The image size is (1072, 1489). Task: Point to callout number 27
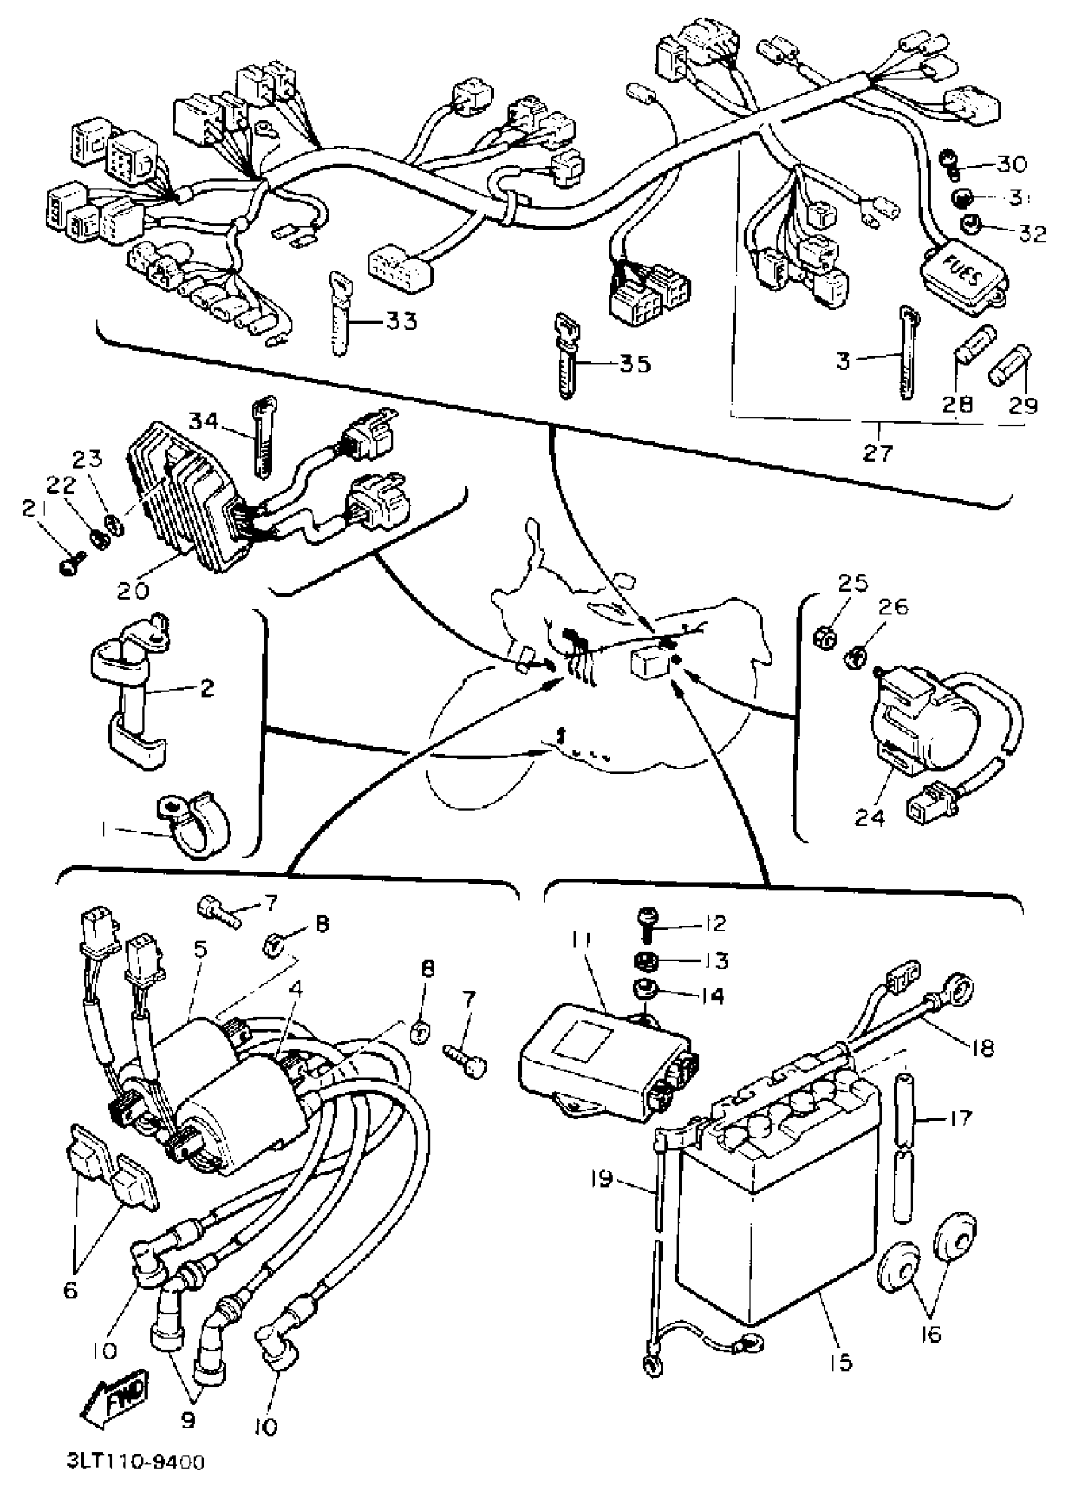tap(878, 452)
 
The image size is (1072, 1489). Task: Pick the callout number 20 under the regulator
tap(133, 590)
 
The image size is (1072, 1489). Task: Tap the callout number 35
tap(634, 363)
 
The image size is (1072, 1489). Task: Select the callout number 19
tap(602, 1179)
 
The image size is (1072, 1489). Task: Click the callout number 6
tap(70, 1290)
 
